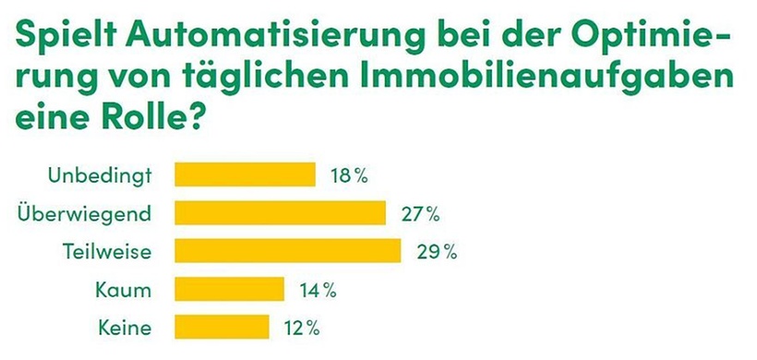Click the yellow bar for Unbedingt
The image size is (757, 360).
pos(245,174)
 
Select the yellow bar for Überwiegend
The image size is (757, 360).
pos(280,213)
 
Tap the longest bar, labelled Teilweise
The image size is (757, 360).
pos(287,251)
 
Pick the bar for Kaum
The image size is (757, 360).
pos(229,290)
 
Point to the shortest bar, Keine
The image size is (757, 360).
pos(222,327)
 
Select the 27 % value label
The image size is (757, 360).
pos(420,213)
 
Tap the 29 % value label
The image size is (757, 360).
pos(436,251)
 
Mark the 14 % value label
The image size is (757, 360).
pos(317,290)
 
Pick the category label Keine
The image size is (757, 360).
pos(125,327)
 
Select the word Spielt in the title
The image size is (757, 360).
pos(66,37)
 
